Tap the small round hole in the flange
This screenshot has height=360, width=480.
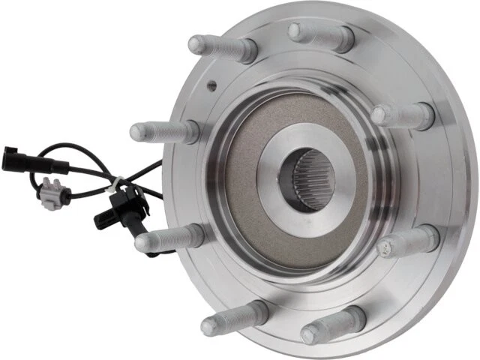click(x=213, y=85)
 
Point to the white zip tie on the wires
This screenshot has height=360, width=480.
click(x=116, y=182)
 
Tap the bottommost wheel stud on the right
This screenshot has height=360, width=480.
click(x=329, y=327)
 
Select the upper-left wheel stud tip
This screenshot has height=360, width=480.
click(x=197, y=44)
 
